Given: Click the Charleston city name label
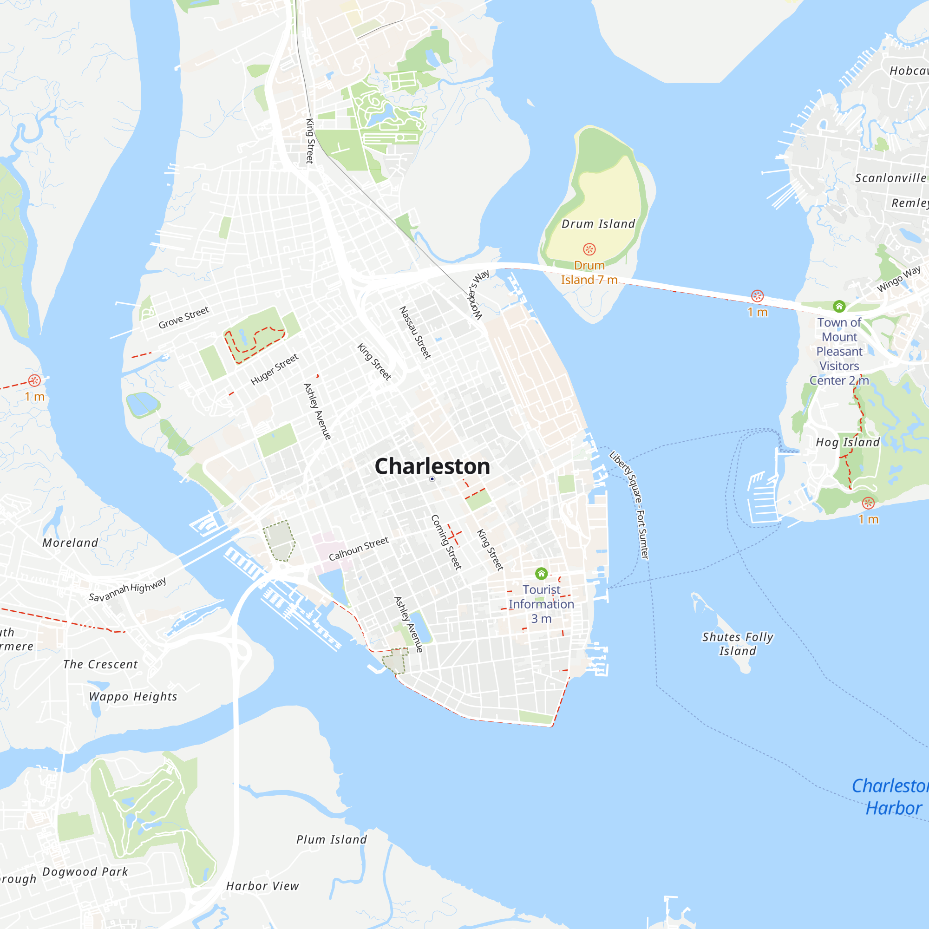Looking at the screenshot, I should click(432, 466).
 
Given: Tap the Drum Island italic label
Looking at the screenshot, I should click(598, 224).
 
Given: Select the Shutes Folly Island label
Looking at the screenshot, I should click(738, 644).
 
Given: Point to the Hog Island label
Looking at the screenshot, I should click(848, 442).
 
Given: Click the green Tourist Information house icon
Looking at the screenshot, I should click(541, 573).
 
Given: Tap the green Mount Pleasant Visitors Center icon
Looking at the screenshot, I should click(839, 306).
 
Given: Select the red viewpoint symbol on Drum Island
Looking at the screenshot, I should click(589, 249).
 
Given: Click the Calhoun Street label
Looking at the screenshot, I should click(359, 549).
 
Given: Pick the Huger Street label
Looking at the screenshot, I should click(275, 369).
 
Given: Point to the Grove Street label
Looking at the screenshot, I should click(183, 317).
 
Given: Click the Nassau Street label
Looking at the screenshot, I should click(415, 333).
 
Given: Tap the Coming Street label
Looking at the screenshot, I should click(446, 542).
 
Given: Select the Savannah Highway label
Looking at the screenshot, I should click(127, 589).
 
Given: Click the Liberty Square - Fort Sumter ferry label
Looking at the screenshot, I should click(629, 505).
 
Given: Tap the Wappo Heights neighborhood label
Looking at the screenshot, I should click(133, 697).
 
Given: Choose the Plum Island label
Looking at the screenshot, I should click(331, 839).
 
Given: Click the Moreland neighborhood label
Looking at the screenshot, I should click(70, 543).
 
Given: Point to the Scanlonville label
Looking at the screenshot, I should click(890, 178).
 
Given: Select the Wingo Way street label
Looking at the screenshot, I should click(898, 279).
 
